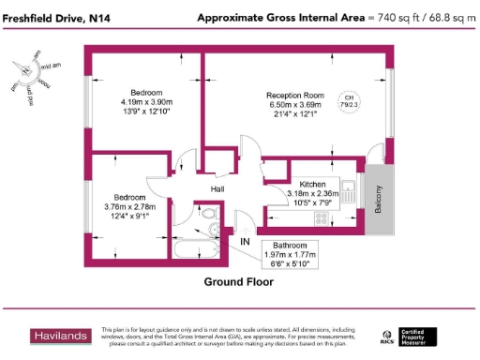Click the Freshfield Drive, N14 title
click(53, 18)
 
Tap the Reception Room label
click(294, 96)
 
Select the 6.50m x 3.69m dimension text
click(294, 105)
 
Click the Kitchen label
click(311, 184)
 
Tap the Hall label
click(217, 189)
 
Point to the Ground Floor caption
click(238, 281)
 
